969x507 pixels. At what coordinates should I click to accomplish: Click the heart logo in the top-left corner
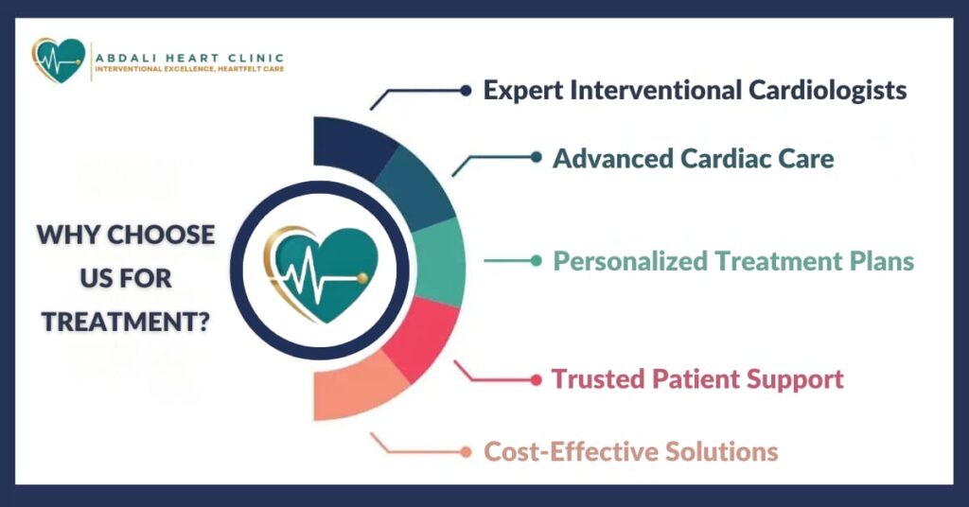[58, 61]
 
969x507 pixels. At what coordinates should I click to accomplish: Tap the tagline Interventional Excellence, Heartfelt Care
[189, 68]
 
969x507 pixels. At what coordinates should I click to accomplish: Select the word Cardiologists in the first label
[827, 91]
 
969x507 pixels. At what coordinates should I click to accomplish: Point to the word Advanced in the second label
[612, 158]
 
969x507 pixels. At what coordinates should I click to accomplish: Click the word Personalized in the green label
[629, 261]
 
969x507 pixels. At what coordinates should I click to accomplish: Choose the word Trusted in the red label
[598, 378]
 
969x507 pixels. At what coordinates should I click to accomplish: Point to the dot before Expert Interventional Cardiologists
[466, 91]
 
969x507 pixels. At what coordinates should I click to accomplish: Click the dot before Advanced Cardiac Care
[536, 157]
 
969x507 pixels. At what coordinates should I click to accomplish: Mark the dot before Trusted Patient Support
[536, 379]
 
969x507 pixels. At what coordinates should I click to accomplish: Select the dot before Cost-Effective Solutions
[466, 452]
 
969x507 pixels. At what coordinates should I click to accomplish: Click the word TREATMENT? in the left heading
[126, 322]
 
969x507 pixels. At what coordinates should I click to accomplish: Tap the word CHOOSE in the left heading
[161, 235]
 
